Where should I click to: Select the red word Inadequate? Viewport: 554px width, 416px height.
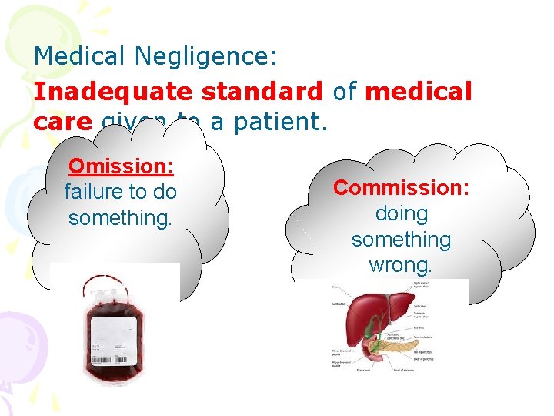[x=113, y=91]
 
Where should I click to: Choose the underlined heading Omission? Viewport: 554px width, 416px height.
[x=120, y=166]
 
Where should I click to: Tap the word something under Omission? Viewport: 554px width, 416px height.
[x=120, y=218]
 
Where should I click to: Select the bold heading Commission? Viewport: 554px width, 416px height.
[x=401, y=187]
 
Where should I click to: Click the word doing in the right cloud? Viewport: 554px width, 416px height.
[x=401, y=213]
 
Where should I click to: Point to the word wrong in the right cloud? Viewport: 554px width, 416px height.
[x=401, y=266]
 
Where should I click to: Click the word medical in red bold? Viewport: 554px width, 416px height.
[x=418, y=91]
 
